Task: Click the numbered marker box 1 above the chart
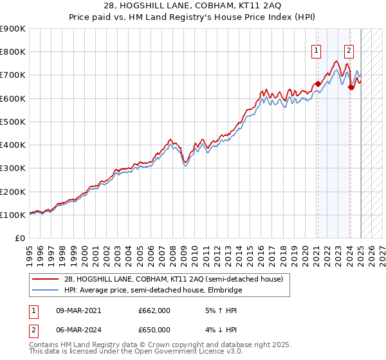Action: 317,51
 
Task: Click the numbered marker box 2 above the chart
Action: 349,51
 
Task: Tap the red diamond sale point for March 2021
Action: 318,84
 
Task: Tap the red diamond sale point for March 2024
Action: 351,87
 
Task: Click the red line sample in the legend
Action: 46,278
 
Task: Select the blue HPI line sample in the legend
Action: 46,290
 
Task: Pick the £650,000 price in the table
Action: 154,330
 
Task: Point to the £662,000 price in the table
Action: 154,310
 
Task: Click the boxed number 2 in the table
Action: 33,330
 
